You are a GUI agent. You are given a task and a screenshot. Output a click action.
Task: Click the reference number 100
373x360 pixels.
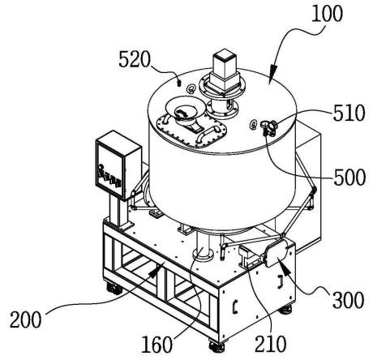click(327, 14)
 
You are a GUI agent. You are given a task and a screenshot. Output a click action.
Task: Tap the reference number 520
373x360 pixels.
click(135, 60)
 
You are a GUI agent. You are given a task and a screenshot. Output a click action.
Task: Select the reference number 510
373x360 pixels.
click(349, 113)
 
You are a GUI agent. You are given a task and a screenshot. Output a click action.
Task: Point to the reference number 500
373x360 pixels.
click(349, 178)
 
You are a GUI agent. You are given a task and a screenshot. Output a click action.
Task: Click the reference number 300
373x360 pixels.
click(348, 301)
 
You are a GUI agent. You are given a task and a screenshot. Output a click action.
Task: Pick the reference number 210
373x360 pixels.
click(270, 344)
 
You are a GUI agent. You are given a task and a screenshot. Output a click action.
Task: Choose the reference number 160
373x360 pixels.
click(156, 345)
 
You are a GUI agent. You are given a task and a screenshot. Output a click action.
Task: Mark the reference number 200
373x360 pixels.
click(26, 319)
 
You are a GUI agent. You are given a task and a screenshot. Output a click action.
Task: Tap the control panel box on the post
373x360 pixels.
click(118, 165)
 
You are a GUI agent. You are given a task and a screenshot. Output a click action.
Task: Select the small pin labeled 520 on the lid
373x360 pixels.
click(178, 83)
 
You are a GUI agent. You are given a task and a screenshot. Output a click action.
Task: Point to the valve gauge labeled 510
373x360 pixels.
click(268, 126)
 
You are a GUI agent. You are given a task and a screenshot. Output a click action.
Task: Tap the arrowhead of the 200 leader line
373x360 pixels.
click(156, 271)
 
